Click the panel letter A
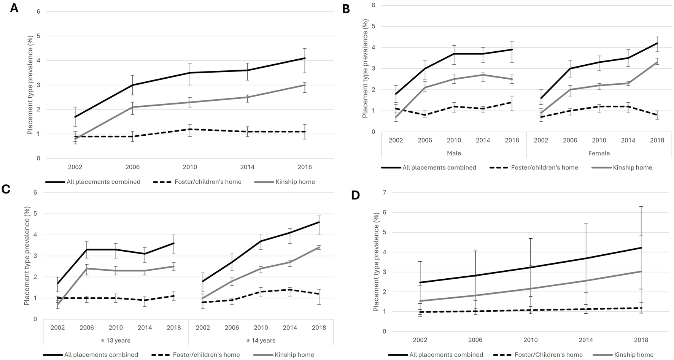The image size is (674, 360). point(14,8)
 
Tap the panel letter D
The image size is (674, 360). point(355,195)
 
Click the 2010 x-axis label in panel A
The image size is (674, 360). point(190,167)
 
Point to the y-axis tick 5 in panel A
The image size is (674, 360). point(38,36)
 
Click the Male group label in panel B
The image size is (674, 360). point(454,153)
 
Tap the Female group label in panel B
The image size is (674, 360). point(599,153)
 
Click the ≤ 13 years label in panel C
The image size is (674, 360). point(115,340)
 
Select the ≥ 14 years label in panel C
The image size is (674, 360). point(261,340)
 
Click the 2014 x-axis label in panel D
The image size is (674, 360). point(586,340)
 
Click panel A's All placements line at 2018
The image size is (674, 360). point(305,58)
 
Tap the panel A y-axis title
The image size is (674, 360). point(30,84)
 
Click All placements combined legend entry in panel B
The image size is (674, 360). point(439,167)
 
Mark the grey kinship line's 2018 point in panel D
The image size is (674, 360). point(641,271)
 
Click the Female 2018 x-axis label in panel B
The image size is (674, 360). point(657,140)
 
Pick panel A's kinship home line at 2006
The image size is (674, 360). point(132,107)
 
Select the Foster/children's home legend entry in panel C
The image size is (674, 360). point(206,355)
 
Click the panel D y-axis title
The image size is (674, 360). point(376,262)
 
